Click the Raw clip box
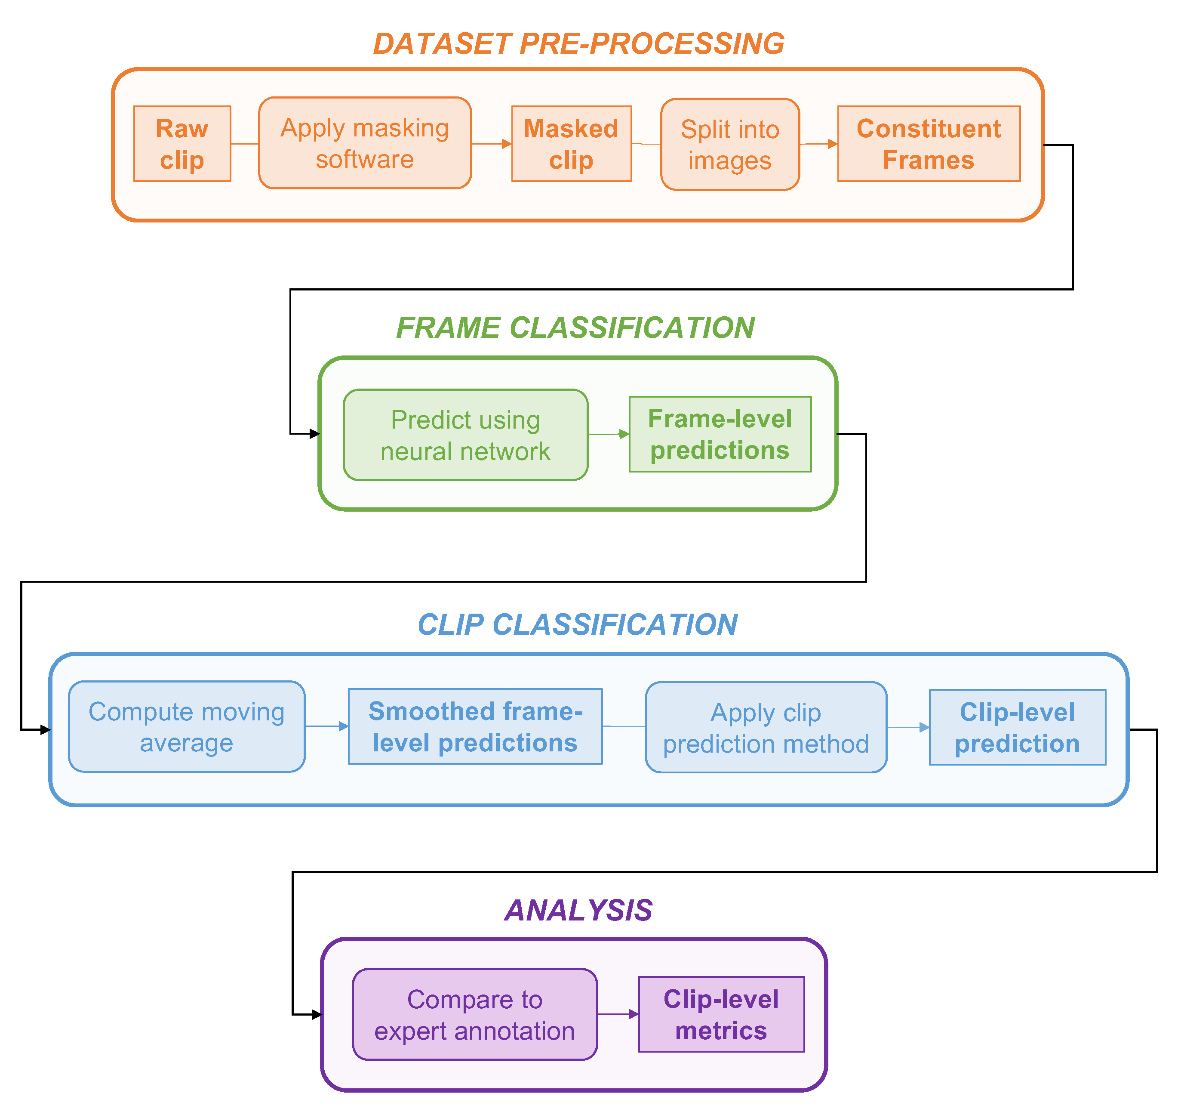point(182,144)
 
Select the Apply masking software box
point(365,143)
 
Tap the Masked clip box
point(571,144)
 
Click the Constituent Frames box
point(929,144)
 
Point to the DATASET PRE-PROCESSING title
point(578,44)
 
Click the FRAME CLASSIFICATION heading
point(575,328)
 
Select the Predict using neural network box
point(465,435)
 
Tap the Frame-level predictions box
point(720,435)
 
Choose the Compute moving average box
point(187,727)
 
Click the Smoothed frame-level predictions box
point(475,727)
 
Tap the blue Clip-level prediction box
point(1017,728)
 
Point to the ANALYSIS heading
point(578,911)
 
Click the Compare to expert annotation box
point(475,1015)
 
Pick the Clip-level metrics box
point(721,1015)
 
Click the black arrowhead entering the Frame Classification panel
point(315,434)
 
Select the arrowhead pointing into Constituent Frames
point(832,144)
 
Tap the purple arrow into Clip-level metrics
point(633,1015)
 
